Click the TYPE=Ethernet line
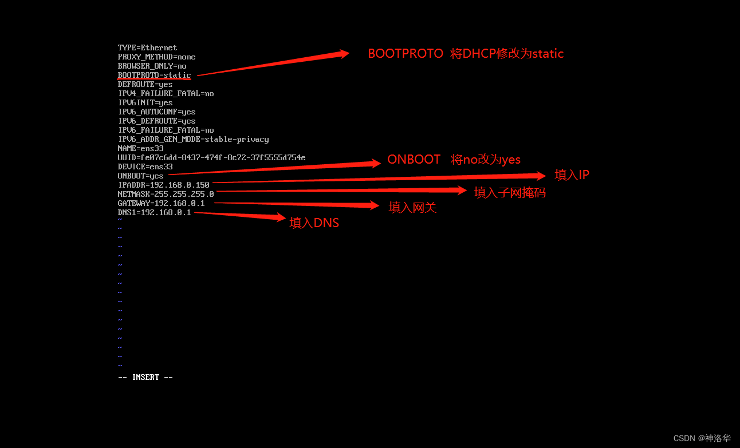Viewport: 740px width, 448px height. [147, 47]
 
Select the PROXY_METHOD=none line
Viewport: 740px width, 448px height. [156, 57]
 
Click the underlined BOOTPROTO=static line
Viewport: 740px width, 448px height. [154, 75]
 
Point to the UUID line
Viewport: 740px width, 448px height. [211, 157]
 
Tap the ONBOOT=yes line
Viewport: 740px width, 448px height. [140, 176]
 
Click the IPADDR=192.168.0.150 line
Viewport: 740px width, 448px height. [163, 185]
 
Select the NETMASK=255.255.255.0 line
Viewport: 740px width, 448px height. [166, 194]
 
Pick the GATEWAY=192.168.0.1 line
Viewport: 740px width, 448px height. [161, 203]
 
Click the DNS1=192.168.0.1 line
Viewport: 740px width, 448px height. [154, 212]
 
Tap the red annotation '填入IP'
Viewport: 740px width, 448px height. [572, 175]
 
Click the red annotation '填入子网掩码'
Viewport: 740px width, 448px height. [510, 193]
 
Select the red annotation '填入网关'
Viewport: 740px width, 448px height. [412, 208]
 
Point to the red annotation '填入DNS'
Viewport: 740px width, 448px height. [314, 223]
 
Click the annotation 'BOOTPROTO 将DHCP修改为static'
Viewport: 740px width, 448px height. [465, 54]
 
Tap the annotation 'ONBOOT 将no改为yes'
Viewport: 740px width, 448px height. [454, 160]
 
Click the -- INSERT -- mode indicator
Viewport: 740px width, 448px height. [145, 377]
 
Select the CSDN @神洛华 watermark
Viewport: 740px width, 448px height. [702, 438]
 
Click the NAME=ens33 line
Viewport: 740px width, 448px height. [140, 148]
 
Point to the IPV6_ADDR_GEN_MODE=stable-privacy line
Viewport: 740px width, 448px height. [193, 139]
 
